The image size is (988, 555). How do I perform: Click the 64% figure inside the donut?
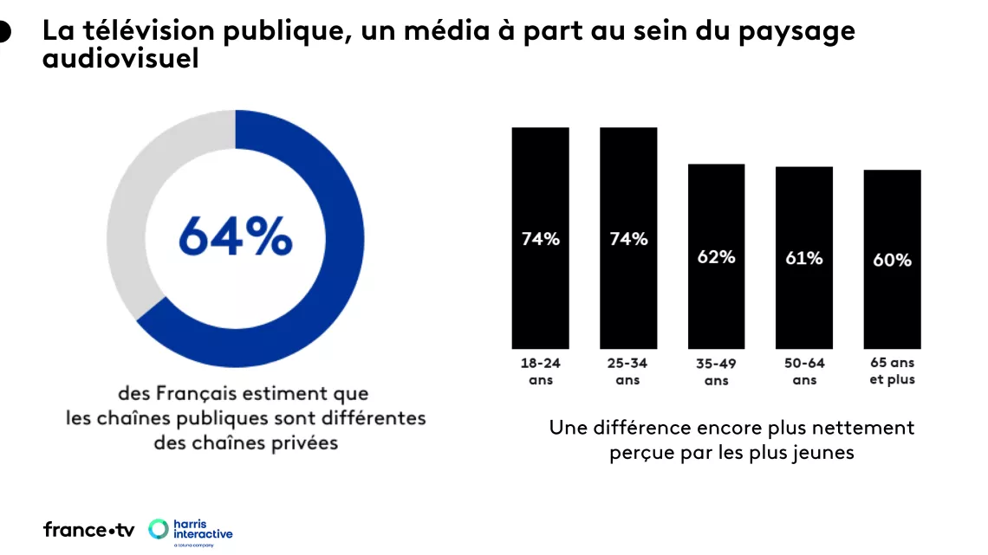(x=235, y=236)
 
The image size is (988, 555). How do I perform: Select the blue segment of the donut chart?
(x=334, y=260)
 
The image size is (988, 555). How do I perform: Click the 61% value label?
(x=803, y=258)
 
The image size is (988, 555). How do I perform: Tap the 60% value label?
(x=892, y=260)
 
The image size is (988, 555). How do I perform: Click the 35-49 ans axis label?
(x=716, y=372)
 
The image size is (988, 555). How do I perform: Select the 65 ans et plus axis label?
(x=892, y=371)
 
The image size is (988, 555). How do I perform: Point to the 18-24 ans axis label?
(x=540, y=371)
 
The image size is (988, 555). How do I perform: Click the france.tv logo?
(x=88, y=530)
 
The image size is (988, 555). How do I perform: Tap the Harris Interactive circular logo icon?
(x=159, y=529)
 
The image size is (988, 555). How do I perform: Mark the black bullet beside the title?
(x=3, y=32)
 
